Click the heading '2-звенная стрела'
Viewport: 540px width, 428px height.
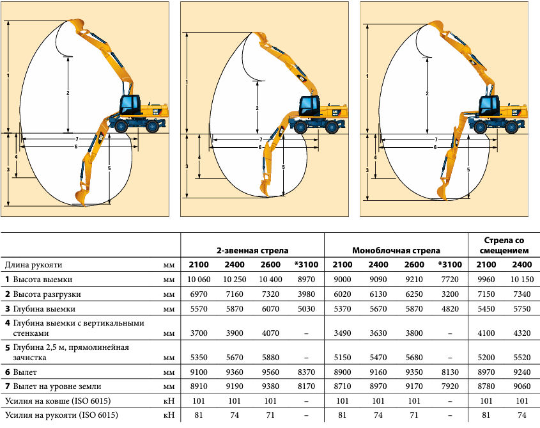tap(252, 250)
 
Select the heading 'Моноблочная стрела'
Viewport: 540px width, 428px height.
tap(396, 250)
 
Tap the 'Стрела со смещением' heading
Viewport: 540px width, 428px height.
tap(504, 245)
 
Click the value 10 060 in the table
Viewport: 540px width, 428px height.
tap(199, 280)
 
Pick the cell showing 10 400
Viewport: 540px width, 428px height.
tap(270, 280)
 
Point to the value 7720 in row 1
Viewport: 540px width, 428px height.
tap(450, 280)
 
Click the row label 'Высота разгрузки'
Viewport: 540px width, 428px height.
tap(47, 294)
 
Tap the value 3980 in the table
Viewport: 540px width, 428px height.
tap(306, 294)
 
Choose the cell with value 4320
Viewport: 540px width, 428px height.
tap(521, 333)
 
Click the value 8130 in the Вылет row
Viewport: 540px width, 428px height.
tap(450, 372)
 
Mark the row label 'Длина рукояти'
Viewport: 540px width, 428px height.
tap(33, 266)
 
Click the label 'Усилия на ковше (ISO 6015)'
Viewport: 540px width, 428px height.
tap(58, 401)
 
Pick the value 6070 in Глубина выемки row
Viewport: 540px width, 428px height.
tap(270, 308)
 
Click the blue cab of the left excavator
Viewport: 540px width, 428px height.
tap(130, 105)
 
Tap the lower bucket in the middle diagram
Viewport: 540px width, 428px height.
tap(265, 186)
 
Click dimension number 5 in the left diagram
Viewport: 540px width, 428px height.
tap(109, 169)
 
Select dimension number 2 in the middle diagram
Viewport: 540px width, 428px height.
tap(258, 108)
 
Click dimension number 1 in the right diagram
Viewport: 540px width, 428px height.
tap(367, 77)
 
